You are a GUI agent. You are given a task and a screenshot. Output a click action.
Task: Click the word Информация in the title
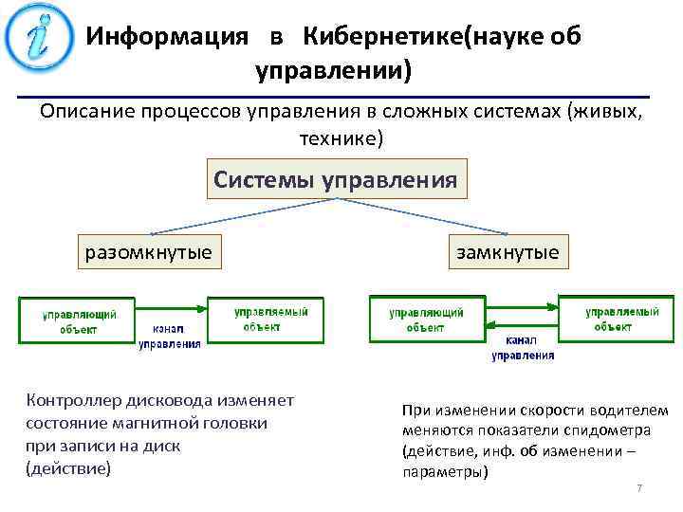tap(168, 37)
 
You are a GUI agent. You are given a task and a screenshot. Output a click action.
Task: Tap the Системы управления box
tap(337, 178)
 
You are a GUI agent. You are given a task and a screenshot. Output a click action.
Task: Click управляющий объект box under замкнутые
tap(426, 320)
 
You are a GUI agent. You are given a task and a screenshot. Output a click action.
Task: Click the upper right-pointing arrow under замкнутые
tap(521, 306)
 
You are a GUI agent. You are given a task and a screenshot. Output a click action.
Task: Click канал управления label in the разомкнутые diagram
tap(170, 337)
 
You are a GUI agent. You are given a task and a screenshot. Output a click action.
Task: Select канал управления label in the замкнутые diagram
tap(523, 347)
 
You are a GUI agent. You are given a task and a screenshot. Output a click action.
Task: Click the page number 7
tap(639, 487)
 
